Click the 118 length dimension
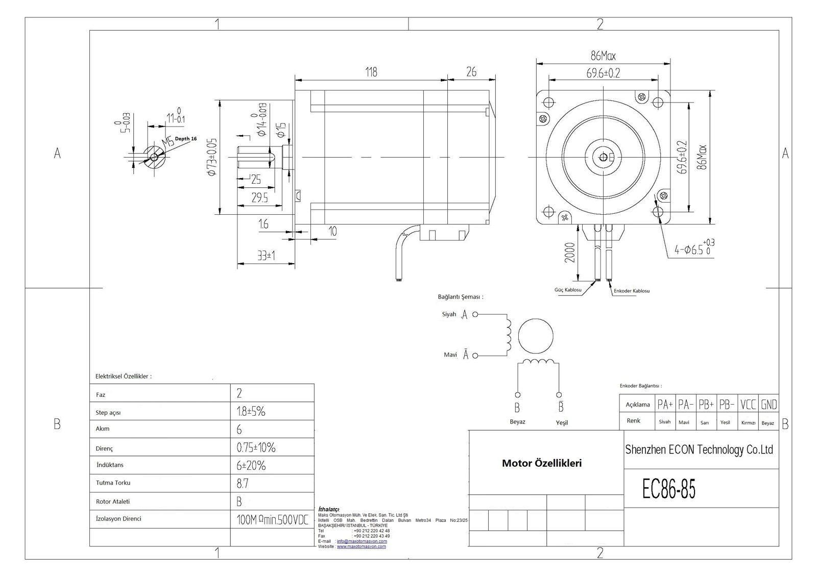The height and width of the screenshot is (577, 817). (x=371, y=72)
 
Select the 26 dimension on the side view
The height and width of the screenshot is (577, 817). (x=471, y=72)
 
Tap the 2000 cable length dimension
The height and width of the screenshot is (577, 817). (x=570, y=252)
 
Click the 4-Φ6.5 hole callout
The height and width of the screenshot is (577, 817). (x=694, y=249)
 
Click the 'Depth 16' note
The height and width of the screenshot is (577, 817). (x=186, y=139)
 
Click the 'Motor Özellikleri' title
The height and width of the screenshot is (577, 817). (x=542, y=463)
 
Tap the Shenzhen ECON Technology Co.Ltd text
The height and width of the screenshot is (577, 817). (x=699, y=449)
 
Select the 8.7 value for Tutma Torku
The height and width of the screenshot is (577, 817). (x=243, y=483)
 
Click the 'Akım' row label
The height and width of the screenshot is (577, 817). (x=103, y=429)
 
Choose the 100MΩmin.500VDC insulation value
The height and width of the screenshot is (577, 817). (x=273, y=520)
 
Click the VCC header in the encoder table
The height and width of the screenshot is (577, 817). (x=748, y=405)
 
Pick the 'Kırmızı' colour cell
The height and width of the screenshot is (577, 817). (x=748, y=422)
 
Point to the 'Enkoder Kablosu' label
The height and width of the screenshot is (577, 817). (x=632, y=291)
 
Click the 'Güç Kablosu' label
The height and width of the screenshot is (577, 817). (x=568, y=290)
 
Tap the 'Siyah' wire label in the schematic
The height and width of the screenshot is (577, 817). (x=449, y=314)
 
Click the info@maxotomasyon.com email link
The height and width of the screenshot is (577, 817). (x=362, y=541)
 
